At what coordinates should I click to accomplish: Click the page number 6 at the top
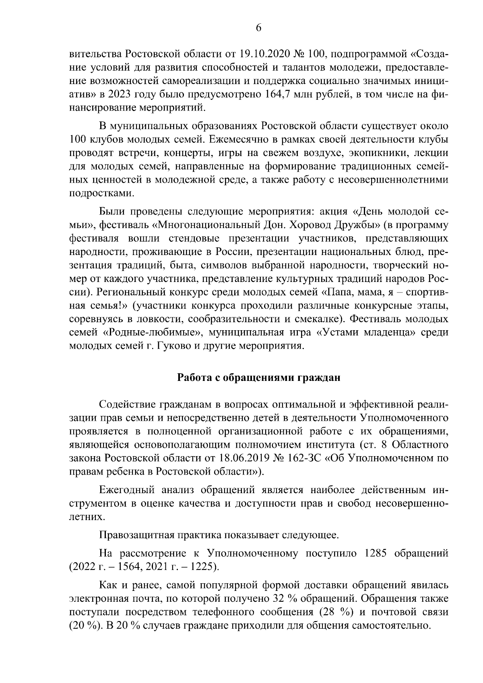258,28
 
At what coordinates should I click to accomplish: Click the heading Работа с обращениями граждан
258,378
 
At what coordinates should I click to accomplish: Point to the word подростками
100,193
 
